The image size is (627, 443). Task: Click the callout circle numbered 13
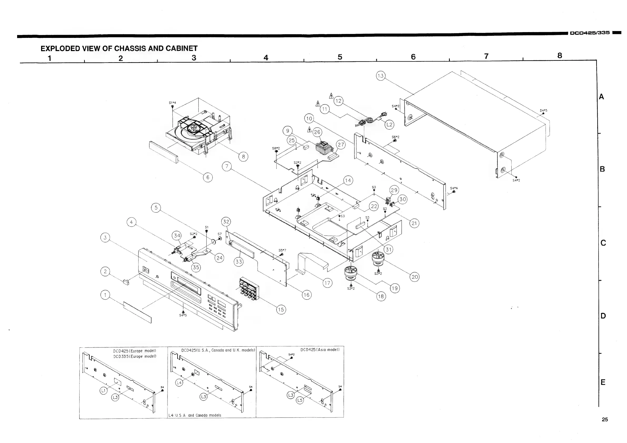tap(381, 76)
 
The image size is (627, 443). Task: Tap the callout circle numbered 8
tap(243, 157)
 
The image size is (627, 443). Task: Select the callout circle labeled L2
tap(389, 125)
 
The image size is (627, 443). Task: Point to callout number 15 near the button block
tap(281, 310)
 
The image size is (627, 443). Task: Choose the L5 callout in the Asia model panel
tap(300, 400)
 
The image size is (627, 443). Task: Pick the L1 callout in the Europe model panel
tap(103, 391)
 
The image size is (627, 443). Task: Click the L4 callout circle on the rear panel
tap(179, 383)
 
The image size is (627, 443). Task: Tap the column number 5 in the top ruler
tap(340, 57)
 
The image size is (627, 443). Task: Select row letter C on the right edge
tap(603, 243)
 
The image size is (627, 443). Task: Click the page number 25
tap(605, 420)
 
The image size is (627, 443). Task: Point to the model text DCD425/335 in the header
tap(590, 33)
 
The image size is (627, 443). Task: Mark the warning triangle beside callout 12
tap(331, 96)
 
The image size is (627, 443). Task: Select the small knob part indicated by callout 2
tap(126, 282)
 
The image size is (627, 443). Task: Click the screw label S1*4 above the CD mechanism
tap(172, 103)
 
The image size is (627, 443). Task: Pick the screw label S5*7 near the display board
tap(282, 250)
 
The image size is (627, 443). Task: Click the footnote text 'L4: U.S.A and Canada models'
tap(195, 415)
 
